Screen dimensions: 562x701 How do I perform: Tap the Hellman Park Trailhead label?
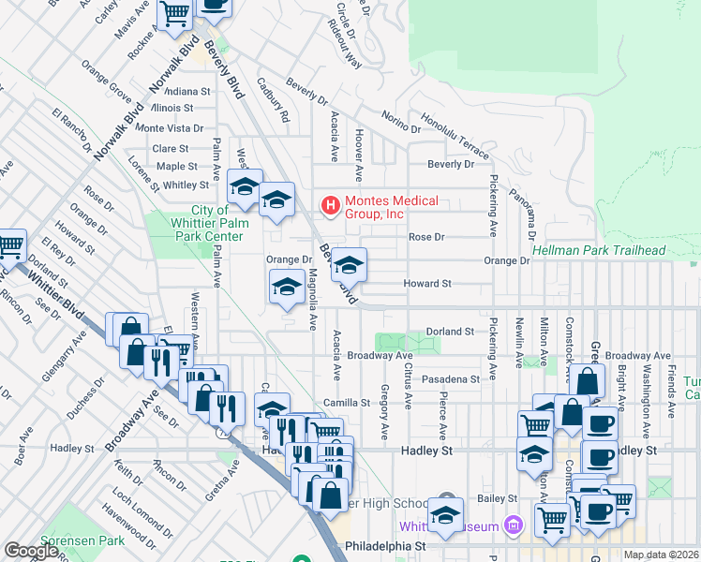coord(598,250)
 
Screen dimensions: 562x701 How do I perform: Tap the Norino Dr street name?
coord(401,121)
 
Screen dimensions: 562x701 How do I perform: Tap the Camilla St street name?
coord(347,403)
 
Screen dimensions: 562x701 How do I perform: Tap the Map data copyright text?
coord(661,555)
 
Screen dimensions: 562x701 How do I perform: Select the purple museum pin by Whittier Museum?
coord(512,525)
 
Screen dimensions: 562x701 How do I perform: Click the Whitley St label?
coord(186,185)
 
